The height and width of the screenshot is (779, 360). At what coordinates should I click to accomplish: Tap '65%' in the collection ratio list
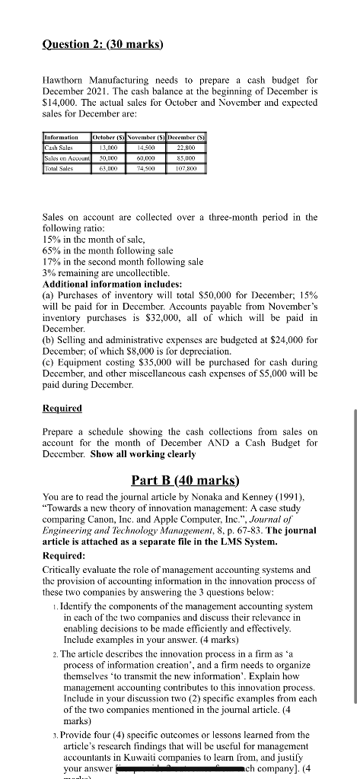click(51, 250)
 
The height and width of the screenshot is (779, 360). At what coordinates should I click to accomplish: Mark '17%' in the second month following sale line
click(51, 261)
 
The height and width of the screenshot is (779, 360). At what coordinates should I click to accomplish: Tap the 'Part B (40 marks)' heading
click(180, 481)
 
